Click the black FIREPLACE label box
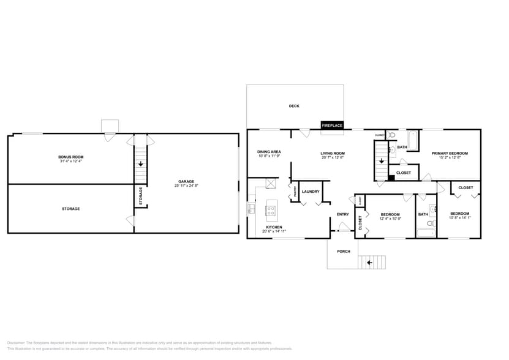[x=333, y=126]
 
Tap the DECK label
[x=294, y=106]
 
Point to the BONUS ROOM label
[x=71, y=157]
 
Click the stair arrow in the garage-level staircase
[x=141, y=164]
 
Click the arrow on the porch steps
[x=369, y=263]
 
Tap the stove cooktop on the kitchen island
[x=270, y=211]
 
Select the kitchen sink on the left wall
[x=252, y=209]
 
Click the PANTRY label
[x=295, y=192]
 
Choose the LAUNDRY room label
[x=311, y=192]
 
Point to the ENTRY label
[x=343, y=214]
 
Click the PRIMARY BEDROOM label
[x=450, y=153]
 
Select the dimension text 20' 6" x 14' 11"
[x=274, y=231]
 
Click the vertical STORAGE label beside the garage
[x=141, y=196]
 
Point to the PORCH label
[x=344, y=251]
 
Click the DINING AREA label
[x=269, y=151]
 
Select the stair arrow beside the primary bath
[x=382, y=161]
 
